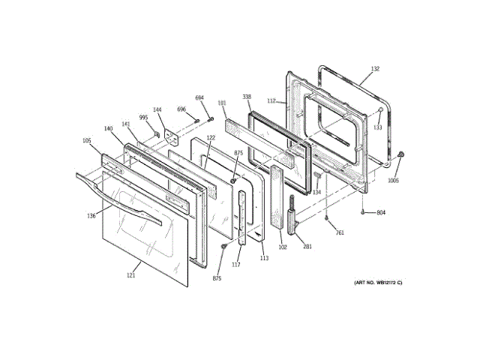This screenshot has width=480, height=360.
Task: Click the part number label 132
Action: (x=375, y=69)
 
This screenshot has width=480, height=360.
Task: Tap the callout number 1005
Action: (x=393, y=180)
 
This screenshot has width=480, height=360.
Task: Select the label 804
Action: (x=380, y=213)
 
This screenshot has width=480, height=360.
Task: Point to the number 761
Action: (x=339, y=233)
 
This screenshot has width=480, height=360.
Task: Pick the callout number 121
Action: (x=130, y=276)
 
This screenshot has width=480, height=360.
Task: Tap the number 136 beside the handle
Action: (x=91, y=216)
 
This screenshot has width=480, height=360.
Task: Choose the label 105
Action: (x=86, y=140)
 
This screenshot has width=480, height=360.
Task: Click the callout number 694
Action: (x=199, y=98)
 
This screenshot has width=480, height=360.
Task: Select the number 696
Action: (x=181, y=109)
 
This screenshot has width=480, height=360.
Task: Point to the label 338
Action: (x=246, y=97)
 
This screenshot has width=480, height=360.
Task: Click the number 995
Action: (x=143, y=118)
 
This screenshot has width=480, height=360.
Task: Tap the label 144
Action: (x=157, y=109)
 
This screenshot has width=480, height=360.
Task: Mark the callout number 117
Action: (x=235, y=263)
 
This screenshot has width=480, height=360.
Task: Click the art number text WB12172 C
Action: (x=379, y=282)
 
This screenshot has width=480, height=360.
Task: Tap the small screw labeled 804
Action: (x=363, y=213)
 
